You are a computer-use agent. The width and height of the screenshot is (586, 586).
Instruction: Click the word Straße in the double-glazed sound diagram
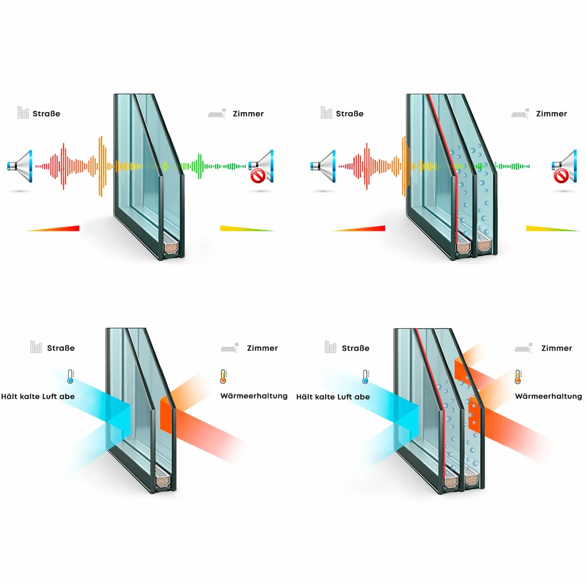point(46,114)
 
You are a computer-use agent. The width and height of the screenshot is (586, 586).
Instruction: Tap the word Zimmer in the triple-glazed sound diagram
point(551,114)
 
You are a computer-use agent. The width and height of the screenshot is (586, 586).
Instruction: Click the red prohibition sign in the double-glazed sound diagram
point(258,176)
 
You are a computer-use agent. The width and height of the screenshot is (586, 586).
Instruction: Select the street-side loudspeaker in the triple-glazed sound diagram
point(323,166)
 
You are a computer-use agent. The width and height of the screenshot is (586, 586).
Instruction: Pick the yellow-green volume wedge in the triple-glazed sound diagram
point(553,228)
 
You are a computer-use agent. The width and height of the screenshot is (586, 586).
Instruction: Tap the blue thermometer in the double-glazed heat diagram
point(70,376)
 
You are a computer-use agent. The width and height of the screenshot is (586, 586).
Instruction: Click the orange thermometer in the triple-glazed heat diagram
point(517,377)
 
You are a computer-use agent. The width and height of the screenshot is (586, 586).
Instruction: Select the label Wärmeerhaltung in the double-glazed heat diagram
point(254,396)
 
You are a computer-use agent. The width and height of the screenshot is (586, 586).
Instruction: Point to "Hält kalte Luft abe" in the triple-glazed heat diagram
point(333,397)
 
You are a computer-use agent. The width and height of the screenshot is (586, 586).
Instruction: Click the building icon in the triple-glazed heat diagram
point(330,347)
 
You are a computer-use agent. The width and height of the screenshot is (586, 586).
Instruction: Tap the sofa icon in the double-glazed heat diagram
point(230,348)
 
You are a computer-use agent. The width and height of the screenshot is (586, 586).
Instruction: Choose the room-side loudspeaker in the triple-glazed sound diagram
point(564,166)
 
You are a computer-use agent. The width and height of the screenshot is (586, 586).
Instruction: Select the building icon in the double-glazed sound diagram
point(23,112)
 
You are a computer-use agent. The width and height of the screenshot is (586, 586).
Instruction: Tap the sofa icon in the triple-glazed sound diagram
point(520,113)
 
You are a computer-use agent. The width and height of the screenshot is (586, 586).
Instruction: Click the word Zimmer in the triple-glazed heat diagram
point(557,348)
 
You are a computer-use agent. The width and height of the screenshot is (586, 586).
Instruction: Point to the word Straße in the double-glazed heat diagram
point(61,348)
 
